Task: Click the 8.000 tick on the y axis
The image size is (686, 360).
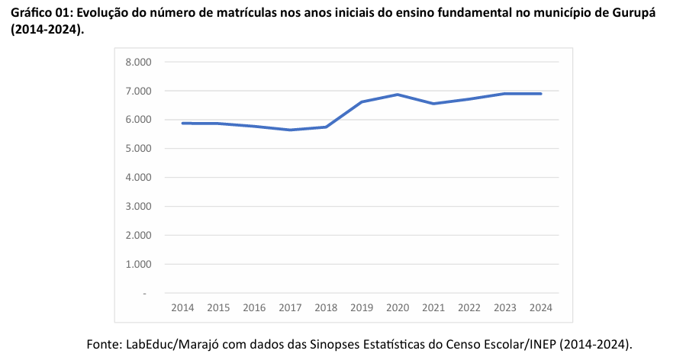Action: (x=139, y=62)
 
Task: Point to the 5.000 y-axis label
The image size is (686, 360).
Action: (x=139, y=149)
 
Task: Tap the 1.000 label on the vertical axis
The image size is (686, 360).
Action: (x=139, y=265)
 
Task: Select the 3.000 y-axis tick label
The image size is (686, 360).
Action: (x=139, y=207)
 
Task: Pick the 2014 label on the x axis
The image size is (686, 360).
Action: (x=182, y=308)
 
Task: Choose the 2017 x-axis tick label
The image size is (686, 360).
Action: (x=290, y=308)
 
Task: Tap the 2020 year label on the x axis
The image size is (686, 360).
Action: (x=397, y=308)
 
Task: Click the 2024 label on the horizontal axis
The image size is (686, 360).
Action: (x=540, y=308)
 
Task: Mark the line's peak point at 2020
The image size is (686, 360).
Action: (x=397, y=95)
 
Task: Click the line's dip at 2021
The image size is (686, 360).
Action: (x=433, y=104)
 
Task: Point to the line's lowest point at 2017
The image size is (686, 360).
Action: (x=290, y=130)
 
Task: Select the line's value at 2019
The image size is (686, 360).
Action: (x=361, y=101)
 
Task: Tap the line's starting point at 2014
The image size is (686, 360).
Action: (x=182, y=123)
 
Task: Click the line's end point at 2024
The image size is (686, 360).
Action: (x=540, y=94)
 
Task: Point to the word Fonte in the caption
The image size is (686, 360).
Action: (x=103, y=344)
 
